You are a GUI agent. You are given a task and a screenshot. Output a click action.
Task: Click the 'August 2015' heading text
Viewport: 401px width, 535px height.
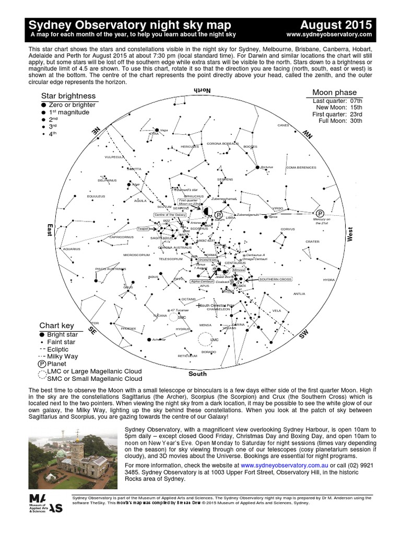[336, 25]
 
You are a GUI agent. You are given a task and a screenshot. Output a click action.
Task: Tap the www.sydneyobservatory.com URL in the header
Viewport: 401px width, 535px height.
[329, 34]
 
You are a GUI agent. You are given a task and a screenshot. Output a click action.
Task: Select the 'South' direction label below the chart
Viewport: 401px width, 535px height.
[197, 374]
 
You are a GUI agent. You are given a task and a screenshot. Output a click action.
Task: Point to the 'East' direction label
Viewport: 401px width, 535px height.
[50, 230]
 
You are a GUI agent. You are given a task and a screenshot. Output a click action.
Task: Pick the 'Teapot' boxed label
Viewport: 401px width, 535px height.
[143, 228]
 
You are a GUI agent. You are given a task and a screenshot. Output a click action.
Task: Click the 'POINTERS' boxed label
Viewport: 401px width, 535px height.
[208, 260]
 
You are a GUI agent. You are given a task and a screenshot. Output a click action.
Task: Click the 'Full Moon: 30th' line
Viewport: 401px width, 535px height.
[337, 121]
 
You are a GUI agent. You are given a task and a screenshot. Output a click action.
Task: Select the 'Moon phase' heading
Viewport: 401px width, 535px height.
[334, 92]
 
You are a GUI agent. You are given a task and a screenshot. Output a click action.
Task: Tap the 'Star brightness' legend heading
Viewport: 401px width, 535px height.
[68, 96]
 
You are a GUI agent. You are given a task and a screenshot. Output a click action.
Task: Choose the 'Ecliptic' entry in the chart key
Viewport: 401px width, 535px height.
[57, 349]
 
